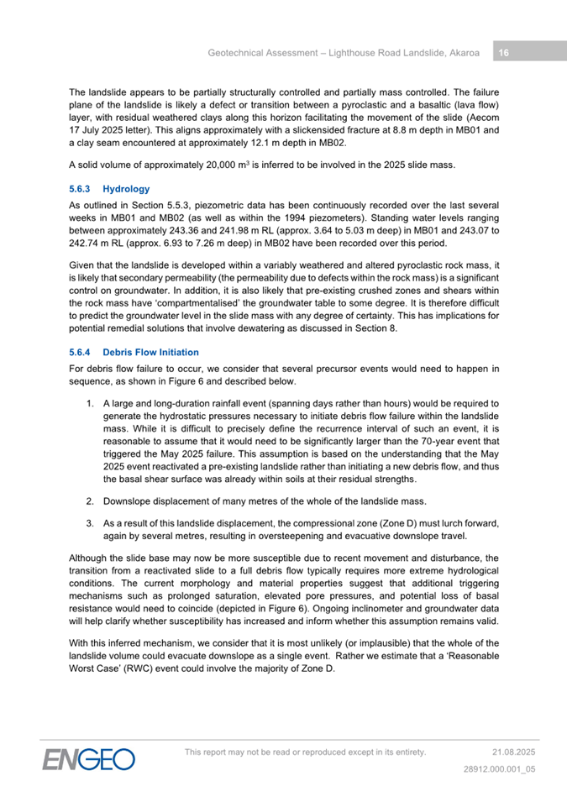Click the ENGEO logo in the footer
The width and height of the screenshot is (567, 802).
point(89,758)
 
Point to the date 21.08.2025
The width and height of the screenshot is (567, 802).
point(513,752)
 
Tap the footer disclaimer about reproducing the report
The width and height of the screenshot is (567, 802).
point(305,752)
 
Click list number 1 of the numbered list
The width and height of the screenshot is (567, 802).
point(90,403)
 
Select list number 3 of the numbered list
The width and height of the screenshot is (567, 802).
point(90,523)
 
